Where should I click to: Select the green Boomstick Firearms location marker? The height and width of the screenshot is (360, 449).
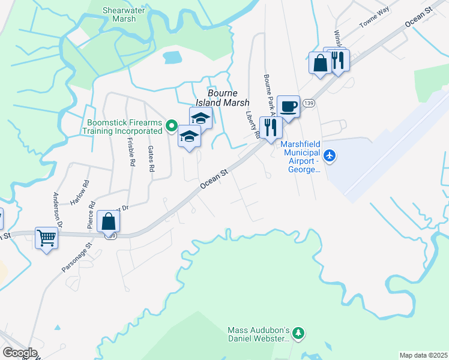click(171, 126)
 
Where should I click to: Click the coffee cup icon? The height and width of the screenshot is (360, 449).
click(288, 107)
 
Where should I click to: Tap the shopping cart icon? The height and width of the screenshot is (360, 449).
click(46, 238)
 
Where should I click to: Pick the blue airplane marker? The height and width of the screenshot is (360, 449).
click(329, 156)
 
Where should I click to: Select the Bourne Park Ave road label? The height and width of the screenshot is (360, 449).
click(268, 95)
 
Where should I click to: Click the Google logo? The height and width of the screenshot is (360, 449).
click(20, 353)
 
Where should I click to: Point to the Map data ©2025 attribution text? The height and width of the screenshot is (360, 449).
click(423, 355)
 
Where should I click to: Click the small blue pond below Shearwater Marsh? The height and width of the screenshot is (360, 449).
click(172, 58)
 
